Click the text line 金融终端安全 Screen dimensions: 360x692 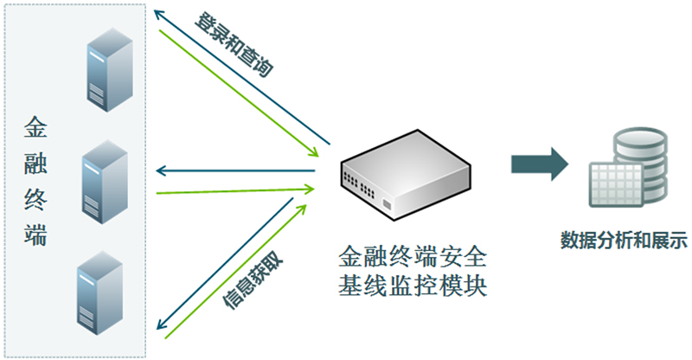coord(413,257)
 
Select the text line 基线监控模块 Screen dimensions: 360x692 coord(413,285)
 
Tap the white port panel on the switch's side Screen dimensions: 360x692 coord(387,205)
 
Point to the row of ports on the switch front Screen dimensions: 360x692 coord(359,184)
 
